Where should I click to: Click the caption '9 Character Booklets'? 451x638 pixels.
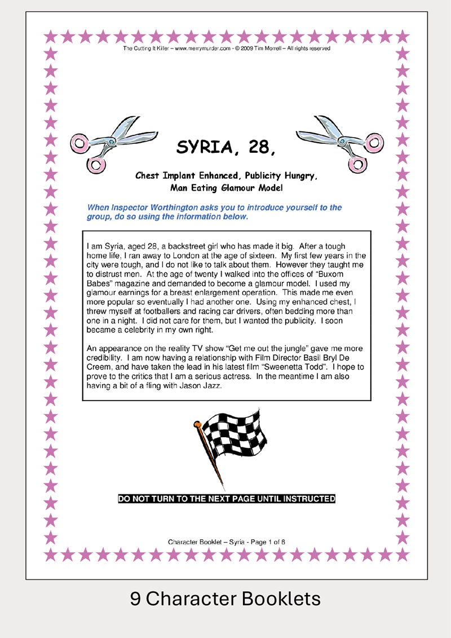225,599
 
